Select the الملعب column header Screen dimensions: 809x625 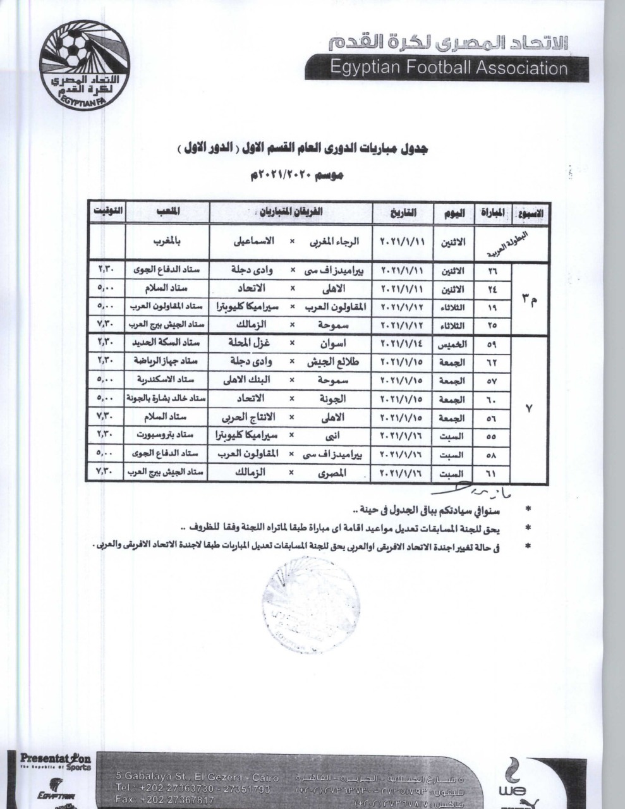click(167, 213)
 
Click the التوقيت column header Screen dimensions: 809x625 click(106, 212)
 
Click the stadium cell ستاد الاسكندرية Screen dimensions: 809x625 click(167, 380)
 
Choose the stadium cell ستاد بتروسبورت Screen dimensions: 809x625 click(167, 435)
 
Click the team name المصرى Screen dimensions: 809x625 click(331, 473)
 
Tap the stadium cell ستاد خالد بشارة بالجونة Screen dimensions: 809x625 click(167, 399)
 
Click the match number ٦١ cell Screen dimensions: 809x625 click(492, 473)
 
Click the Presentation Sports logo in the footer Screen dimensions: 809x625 click(56, 762)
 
